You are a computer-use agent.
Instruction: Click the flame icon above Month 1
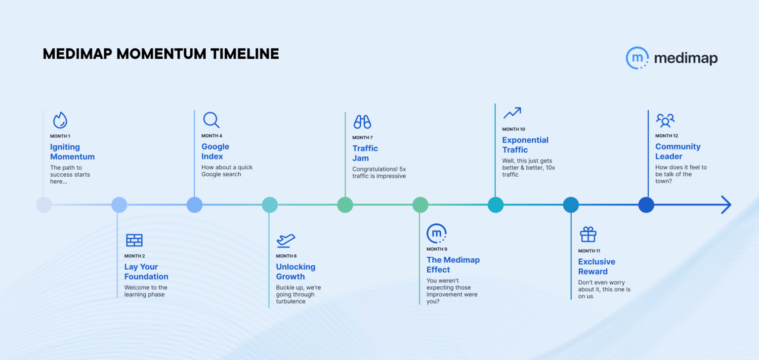(x=60, y=120)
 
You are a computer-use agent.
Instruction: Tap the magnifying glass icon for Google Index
(x=211, y=120)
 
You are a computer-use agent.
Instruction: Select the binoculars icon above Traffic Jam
(x=362, y=121)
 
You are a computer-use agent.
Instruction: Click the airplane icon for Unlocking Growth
(x=286, y=240)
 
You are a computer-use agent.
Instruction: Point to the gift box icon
(x=588, y=235)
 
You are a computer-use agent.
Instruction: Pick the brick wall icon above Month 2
(x=134, y=240)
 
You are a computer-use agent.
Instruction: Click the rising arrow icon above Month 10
(x=512, y=113)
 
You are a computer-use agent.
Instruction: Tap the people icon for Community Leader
(x=665, y=120)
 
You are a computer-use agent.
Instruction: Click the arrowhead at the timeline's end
(x=726, y=204)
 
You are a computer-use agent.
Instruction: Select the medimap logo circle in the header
(x=637, y=58)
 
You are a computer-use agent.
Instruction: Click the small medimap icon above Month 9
(x=436, y=233)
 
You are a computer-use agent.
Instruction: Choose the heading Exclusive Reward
(x=596, y=267)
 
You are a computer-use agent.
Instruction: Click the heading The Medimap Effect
(x=453, y=265)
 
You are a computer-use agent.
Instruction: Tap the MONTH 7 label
(x=363, y=138)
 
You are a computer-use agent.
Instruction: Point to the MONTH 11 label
(x=590, y=251)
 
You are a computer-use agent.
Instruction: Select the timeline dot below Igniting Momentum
(x=44, y=204)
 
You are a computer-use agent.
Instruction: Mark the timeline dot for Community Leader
(x=646, y=204)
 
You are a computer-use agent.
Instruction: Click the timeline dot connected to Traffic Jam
(x=345, y=204)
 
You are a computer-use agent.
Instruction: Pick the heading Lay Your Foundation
(x=146, y=272)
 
